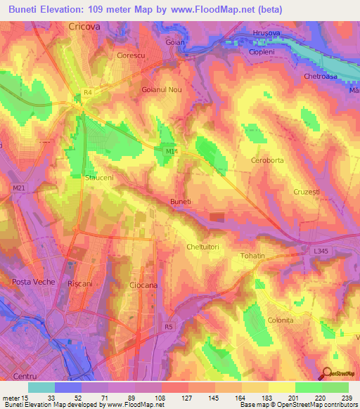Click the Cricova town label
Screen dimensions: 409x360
(x=86, y=25)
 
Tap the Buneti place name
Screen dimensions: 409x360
(x=181, y=202)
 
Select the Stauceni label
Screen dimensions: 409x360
(x=99, y=178)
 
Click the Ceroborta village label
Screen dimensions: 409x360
(x=267, y=161)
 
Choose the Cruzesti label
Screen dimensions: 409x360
(x=307, y=192)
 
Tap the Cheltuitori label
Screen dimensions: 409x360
(x=204, y=247)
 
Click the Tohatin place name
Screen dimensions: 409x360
(x=252, y=256)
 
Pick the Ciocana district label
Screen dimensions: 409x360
(x=146, y=285)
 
